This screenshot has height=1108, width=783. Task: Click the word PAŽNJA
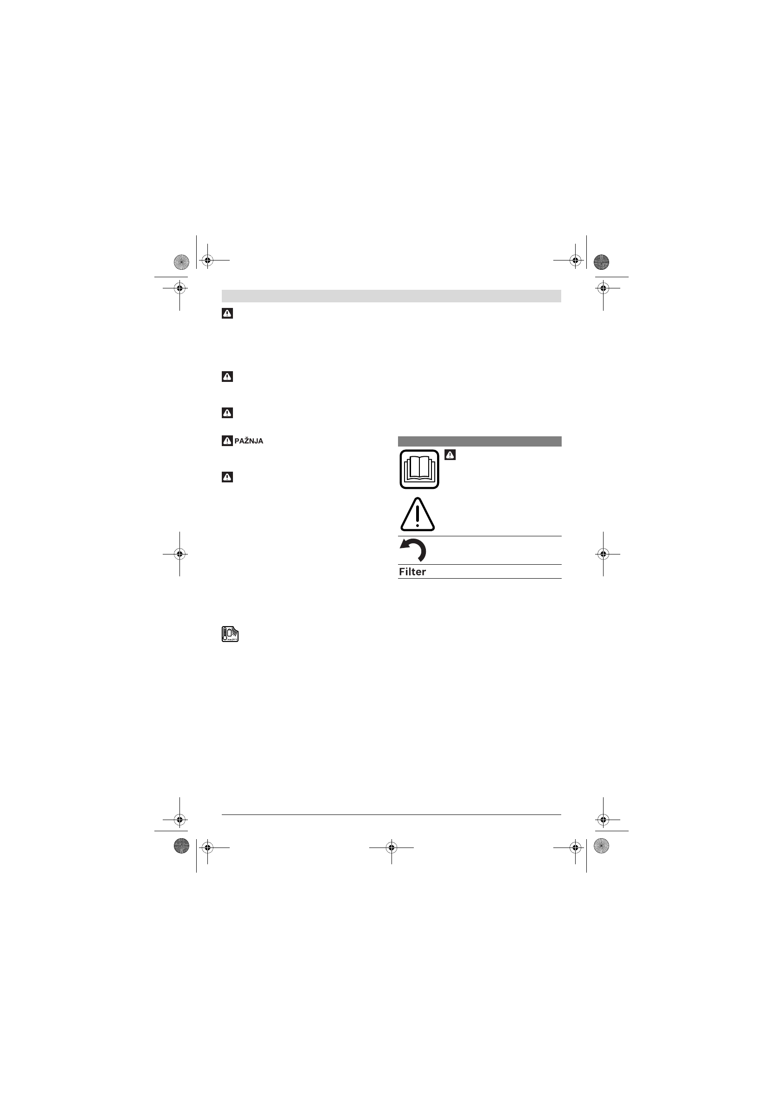coord(248,441)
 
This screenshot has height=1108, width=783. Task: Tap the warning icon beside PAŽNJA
coord(227,441)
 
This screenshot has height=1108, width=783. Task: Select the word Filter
coord(412,572)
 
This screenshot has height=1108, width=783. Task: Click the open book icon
coord(419,469)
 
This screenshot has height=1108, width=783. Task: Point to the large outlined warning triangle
coord(418,514)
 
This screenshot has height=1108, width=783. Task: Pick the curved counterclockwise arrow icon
coord(413,550)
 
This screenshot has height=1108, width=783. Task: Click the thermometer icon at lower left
coord(230,634)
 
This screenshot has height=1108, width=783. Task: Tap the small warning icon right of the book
coord(450,454)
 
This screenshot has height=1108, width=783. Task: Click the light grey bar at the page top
coord(391,296)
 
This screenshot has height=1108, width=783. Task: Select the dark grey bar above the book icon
coord(479,441)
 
